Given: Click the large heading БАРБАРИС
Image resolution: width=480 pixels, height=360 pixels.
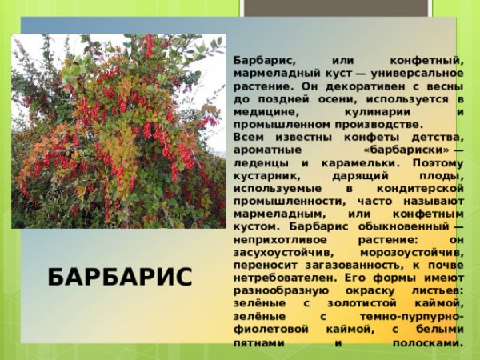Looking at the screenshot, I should [120, 277].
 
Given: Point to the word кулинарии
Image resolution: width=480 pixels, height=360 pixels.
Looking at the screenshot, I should [356, 111].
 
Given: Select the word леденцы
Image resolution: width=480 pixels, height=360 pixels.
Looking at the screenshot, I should [258, 162].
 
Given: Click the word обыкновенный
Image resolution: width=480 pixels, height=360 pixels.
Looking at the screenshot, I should [402, 226].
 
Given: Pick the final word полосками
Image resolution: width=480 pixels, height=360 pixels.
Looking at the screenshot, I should [428, 342].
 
